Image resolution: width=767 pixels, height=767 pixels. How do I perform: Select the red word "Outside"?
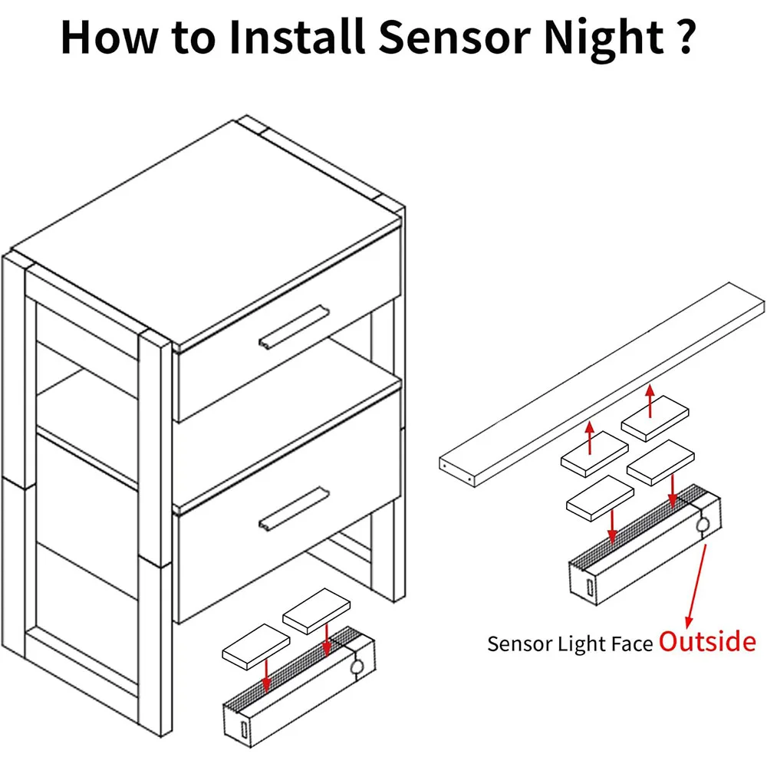pos(707,641)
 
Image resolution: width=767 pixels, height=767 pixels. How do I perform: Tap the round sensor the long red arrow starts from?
pos(702,525)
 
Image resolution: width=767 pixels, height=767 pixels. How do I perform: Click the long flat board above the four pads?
pos(602,383)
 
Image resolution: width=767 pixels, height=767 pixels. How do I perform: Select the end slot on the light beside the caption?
pos(588,587)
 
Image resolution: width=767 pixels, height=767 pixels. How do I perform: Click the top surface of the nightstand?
pos(207,230)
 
